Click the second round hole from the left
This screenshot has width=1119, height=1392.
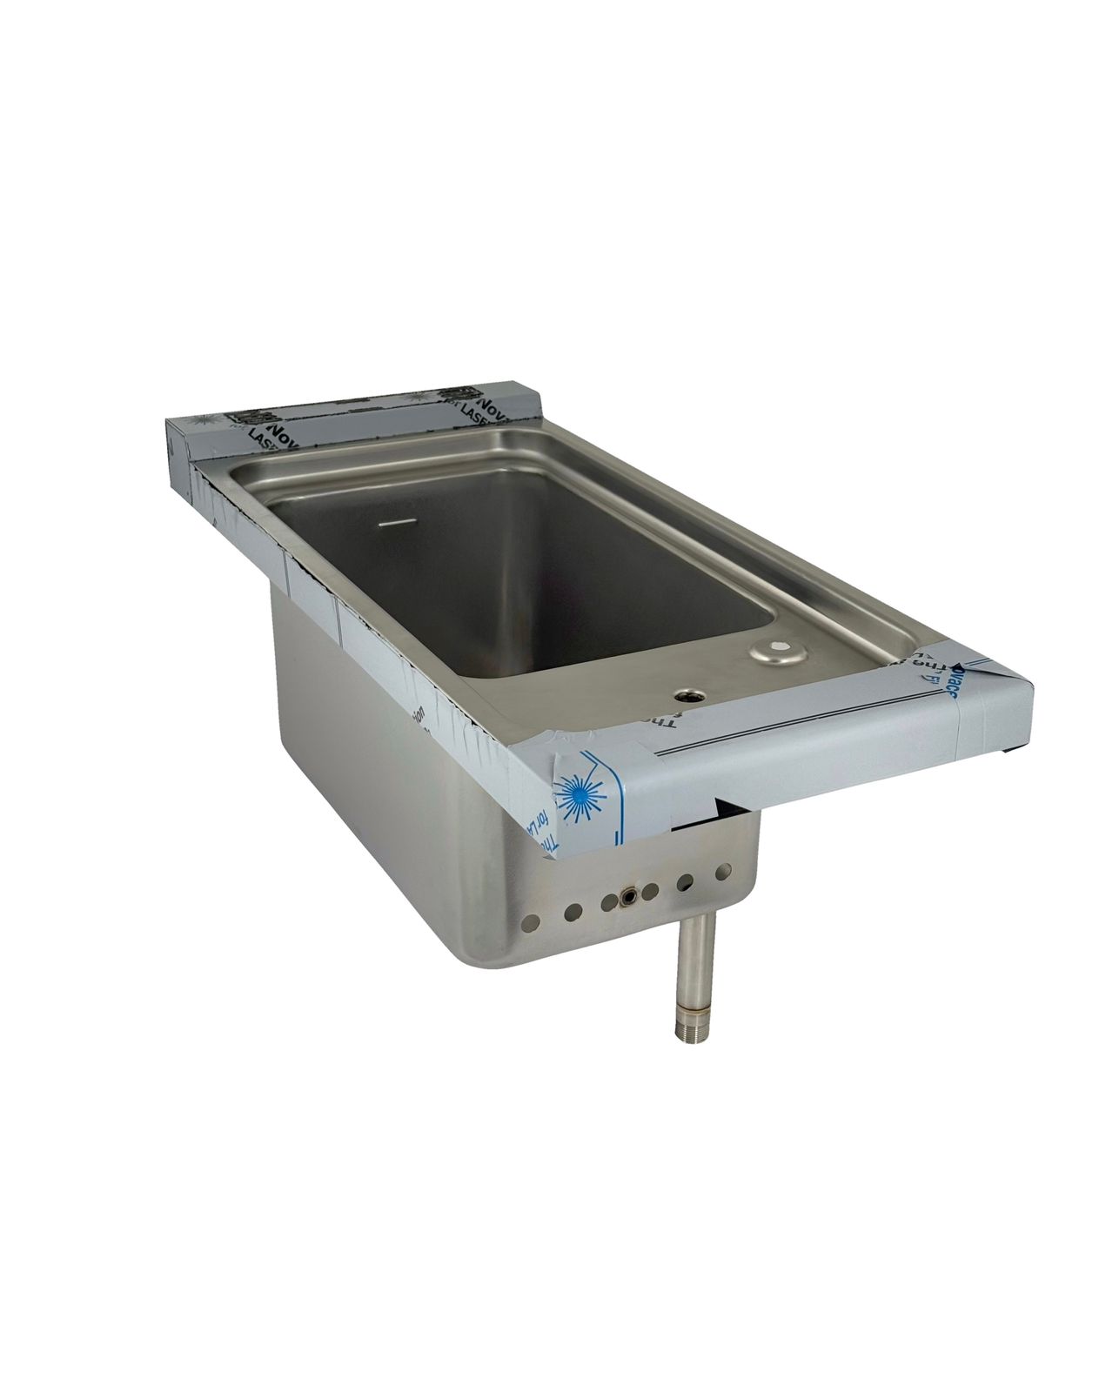click(x=573, y=912)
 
